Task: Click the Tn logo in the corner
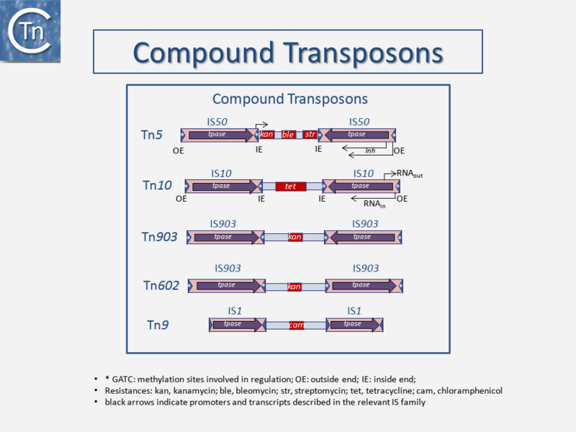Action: (x=30, y=30)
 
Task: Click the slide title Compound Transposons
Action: (x=288, y=53)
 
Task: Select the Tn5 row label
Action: (x=151, y=135)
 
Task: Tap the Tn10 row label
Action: (x=157, y=186)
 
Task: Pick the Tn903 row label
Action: (x=160, y=236)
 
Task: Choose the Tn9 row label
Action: (x=158, y=325)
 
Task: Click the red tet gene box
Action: (x=291, y=186)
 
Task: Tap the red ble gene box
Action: (x=288, y=135)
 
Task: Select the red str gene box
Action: (x=310, y=135)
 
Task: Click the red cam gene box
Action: (x=296, y=325)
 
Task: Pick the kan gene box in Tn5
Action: (x=266, y=135)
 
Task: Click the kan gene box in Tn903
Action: (x=294, y=237)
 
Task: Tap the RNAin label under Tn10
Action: (x=374, y=204)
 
